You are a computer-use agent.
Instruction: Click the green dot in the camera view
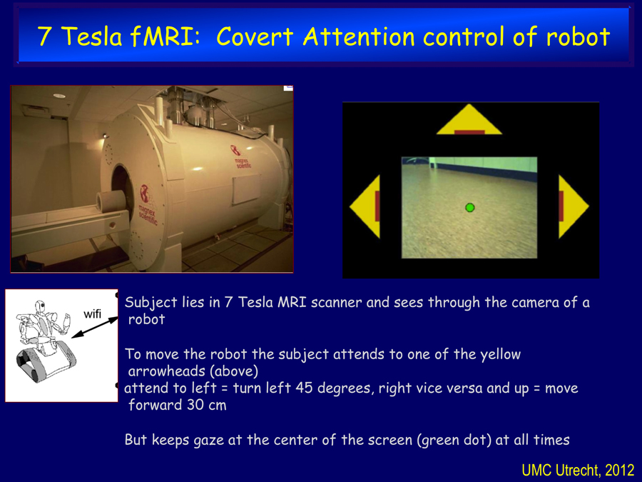469,207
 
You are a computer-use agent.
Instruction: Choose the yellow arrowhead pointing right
571,206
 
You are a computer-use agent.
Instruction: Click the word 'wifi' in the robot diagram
92,314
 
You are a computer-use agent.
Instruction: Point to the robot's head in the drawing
40,306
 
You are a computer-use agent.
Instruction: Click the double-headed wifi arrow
95,328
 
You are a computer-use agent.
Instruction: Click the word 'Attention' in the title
359,36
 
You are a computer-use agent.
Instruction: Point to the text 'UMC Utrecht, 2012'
578,470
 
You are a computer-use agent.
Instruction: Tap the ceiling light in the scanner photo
59,96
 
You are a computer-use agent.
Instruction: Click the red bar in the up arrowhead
469,132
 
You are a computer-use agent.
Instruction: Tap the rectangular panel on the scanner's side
246,189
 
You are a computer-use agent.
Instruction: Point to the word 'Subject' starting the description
151,303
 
